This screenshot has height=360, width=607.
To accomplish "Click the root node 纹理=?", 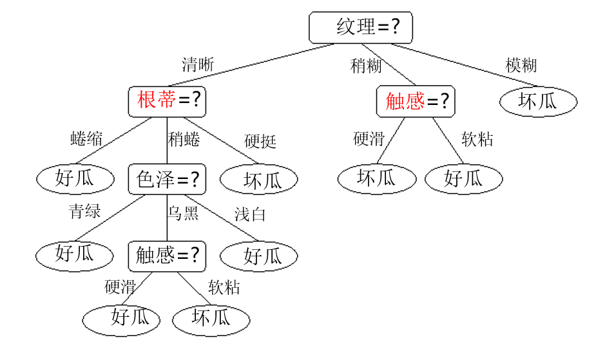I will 360,27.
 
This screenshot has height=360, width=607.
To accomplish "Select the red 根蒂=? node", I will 167,100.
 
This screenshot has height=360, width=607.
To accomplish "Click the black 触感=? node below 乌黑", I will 167,255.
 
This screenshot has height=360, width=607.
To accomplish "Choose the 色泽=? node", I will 167,178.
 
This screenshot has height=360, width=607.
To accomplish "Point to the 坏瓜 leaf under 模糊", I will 538,101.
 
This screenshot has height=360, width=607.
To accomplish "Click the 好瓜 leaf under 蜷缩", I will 75,178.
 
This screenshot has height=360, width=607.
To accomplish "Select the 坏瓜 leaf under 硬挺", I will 260,180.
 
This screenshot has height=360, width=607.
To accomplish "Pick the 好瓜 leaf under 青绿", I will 75,254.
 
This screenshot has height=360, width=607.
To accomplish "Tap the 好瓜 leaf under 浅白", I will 260,256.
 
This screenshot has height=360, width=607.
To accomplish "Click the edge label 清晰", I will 197,64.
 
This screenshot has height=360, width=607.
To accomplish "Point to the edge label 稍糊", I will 366,65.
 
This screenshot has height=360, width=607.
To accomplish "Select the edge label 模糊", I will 521,65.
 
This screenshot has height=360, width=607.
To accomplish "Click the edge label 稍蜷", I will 184,139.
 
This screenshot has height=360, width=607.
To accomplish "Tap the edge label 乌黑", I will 184,213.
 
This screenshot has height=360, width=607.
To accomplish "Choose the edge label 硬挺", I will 260,141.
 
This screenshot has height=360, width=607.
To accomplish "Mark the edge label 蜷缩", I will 86,139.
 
